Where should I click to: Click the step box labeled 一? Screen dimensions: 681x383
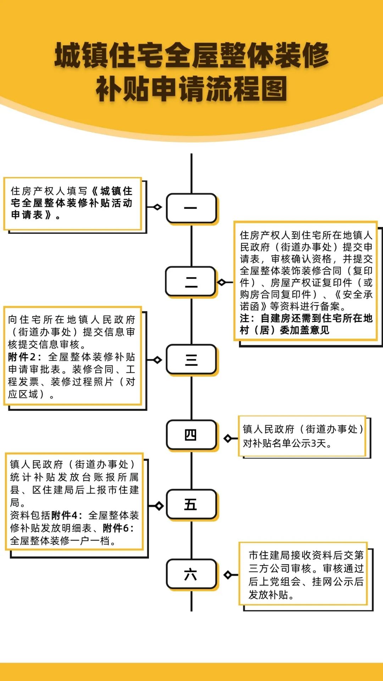coord(191,208)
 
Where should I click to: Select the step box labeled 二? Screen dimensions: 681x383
coord(191,282)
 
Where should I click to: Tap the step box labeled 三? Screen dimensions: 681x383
coord(191,360)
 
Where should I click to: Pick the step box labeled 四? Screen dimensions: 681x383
coord(191,435)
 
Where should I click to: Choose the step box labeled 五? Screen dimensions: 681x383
coord(191,504)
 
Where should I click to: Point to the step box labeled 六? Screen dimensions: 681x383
coord(191,574)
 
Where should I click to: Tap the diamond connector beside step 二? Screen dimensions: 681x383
coord(222,282)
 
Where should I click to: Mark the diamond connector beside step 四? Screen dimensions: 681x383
coord(228,438)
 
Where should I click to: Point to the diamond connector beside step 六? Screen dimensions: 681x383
coord(228,574)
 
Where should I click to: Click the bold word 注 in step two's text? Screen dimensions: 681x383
coord(245,318)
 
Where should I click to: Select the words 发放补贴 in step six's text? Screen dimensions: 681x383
coord(268,595)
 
